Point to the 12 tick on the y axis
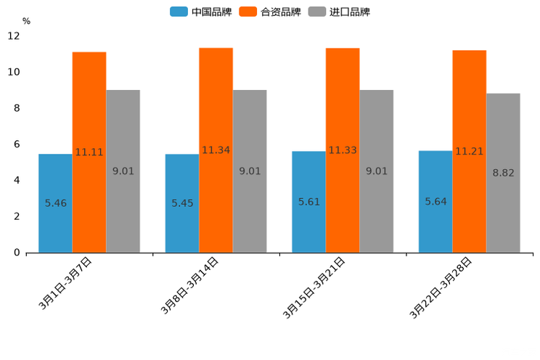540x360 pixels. point(14,36)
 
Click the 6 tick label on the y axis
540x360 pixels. point(17,144)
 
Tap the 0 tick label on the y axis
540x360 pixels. point(17,253)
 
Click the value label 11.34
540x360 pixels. point(216,150)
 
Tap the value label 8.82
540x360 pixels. point(503,173)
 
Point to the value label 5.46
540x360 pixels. point(55,203)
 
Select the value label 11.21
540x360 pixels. point(469,151)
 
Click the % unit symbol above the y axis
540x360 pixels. point(26,21)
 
